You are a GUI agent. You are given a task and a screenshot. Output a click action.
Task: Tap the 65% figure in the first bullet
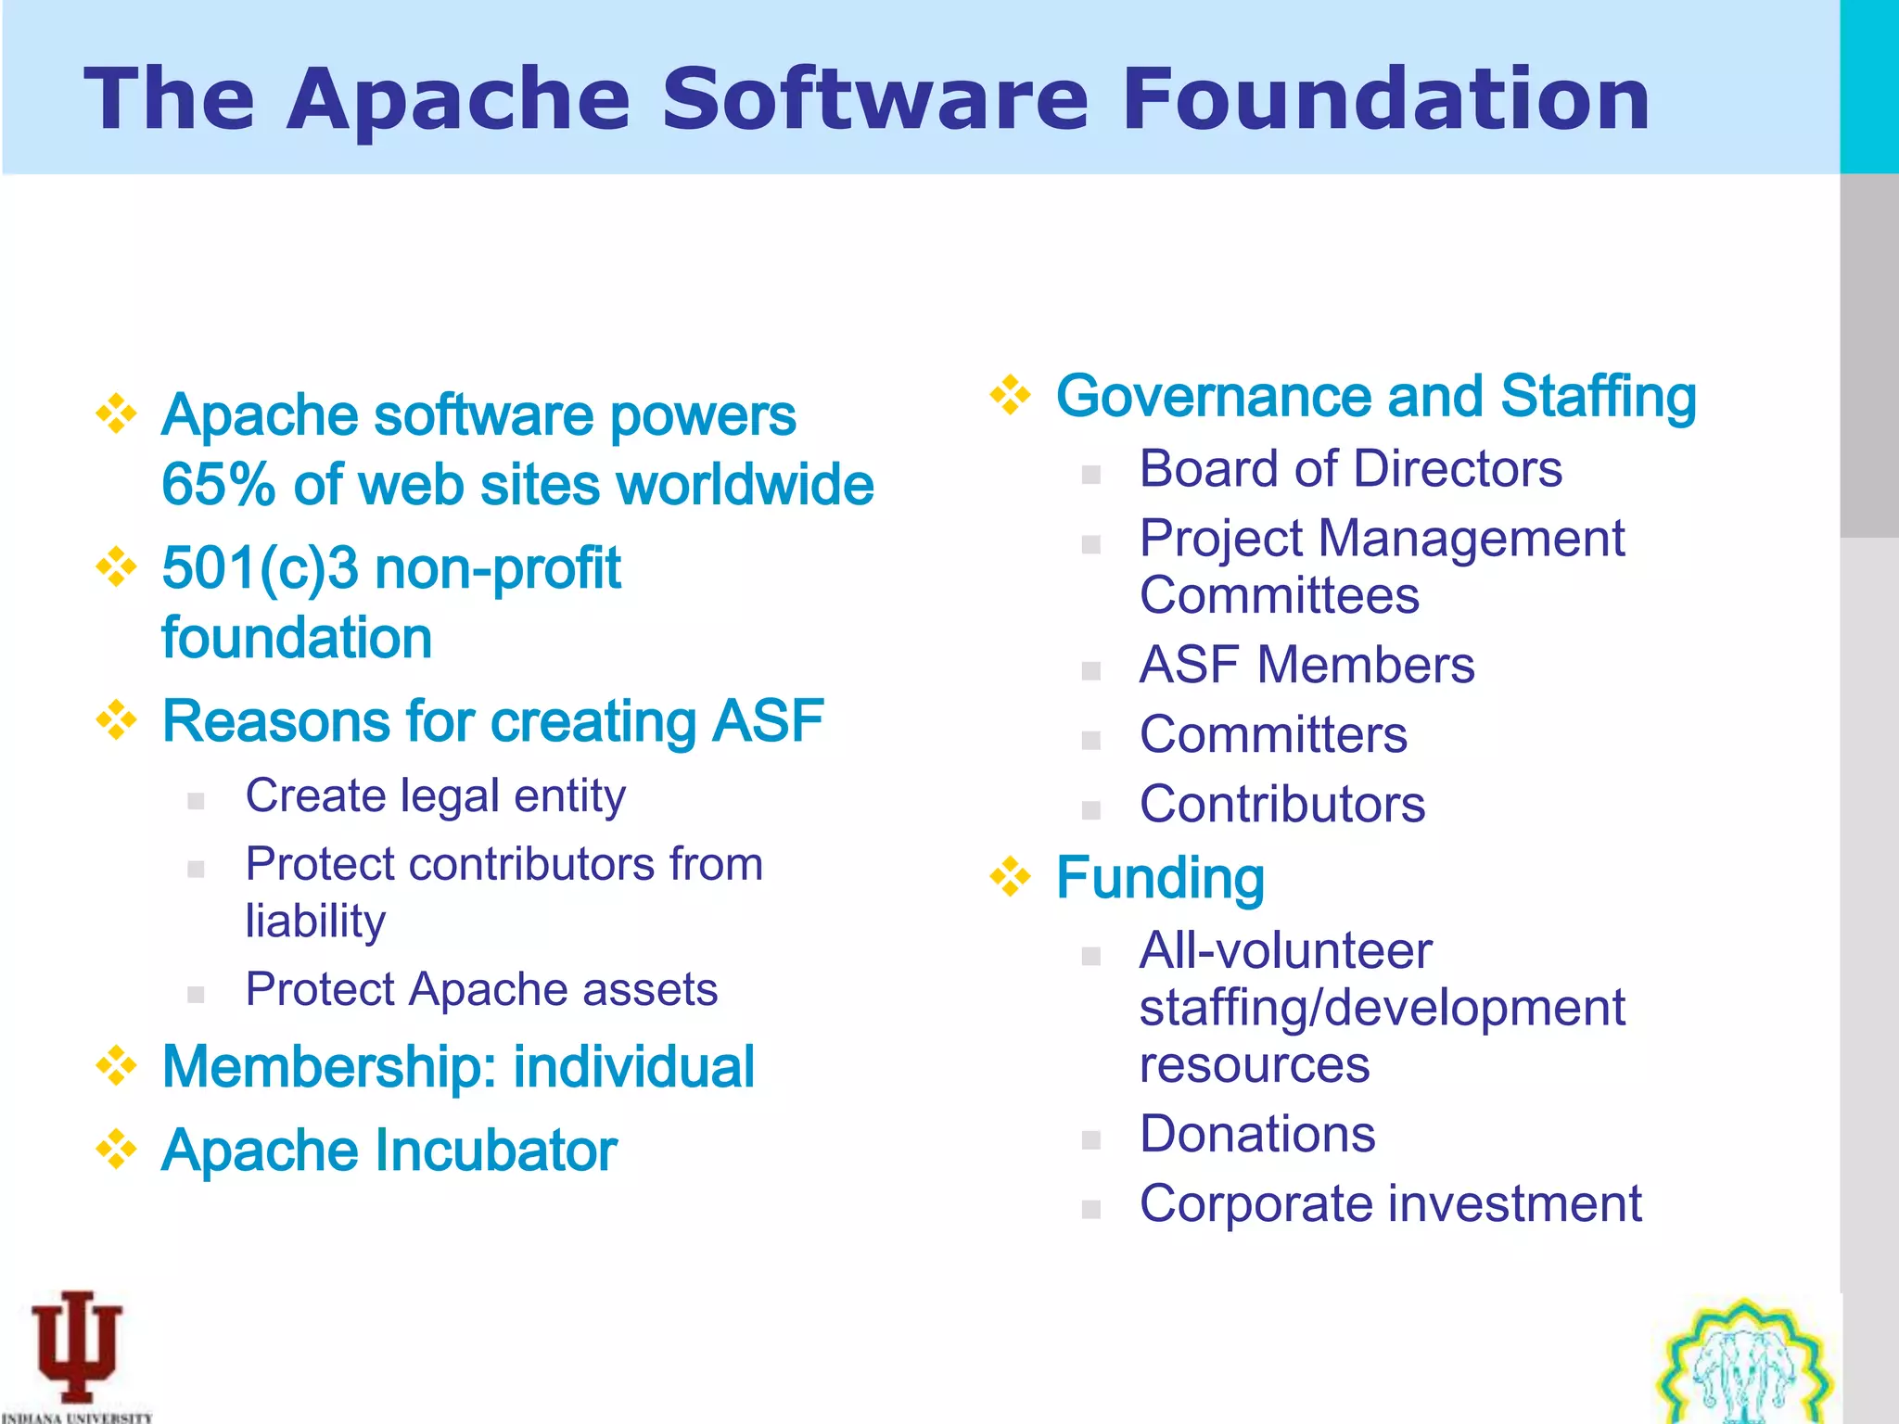pos(218,485)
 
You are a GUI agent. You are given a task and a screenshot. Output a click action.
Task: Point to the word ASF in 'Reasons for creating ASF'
pos(768,721)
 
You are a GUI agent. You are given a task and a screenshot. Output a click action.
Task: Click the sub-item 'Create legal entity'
pos(435,796)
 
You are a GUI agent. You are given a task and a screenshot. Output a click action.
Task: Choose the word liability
pos(315,922)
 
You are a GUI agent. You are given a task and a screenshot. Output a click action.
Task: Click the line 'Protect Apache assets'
pos(481,989)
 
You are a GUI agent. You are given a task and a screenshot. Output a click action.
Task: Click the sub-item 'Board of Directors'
pos(1350,469)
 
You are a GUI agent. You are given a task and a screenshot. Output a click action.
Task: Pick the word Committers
pos(1273,735)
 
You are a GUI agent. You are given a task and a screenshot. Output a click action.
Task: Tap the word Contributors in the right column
pos(1282,805)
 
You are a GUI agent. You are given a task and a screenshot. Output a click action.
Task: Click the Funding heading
pos(1160,879)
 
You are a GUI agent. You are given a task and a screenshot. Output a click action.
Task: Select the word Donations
pos(1257,1135)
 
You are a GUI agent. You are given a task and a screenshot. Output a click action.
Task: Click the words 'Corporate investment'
pos(1390,1204)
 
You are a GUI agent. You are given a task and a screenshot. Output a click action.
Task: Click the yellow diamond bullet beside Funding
pos(1010,877)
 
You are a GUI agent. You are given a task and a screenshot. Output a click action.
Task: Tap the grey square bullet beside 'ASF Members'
pos(1091,670)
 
